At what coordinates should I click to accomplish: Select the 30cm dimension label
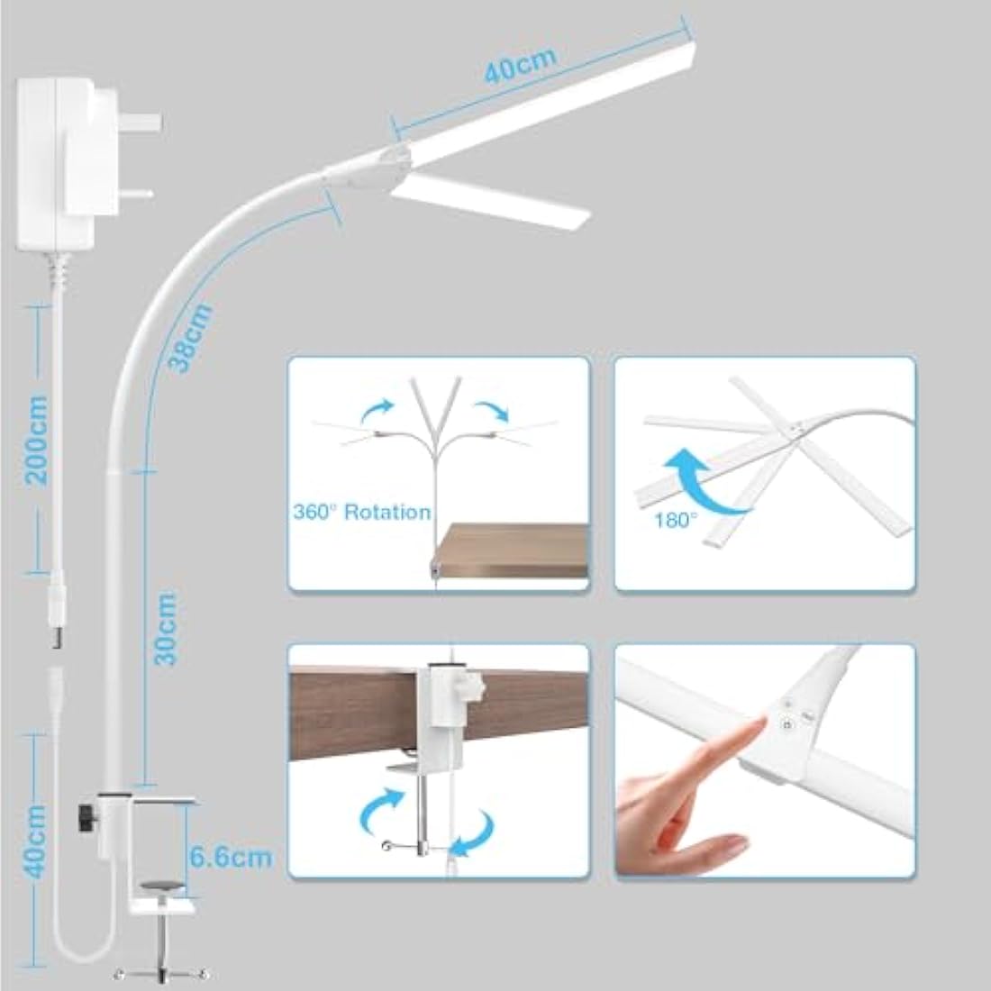click(165, 628)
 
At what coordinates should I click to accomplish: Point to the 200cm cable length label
click(37, 438)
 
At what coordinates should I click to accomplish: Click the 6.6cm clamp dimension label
click(231, 856)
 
